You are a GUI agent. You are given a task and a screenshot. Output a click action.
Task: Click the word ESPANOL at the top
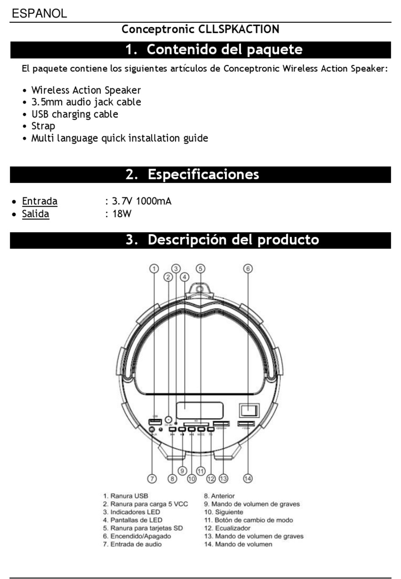[x=39, y=13]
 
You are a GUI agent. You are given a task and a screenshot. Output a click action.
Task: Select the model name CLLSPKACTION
[x=238, y=30]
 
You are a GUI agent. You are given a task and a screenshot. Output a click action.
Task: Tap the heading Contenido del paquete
[x=224, y=50]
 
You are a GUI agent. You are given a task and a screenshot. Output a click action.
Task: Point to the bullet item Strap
[x=43, y=126]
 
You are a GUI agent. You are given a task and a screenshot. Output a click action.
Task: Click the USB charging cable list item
[x=74, y=114]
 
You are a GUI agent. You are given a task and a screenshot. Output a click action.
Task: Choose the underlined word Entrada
[x=40, y=201]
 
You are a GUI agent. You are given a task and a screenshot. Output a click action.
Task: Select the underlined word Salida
[x=35, y=214]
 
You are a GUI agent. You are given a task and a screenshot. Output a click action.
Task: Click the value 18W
[x=122, y=214]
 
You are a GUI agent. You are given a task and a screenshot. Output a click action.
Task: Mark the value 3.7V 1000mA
[x=142, y=201]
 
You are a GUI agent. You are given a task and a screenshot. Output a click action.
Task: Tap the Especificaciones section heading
[x=203, y=175]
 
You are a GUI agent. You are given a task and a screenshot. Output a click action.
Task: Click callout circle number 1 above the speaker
[x=154, y=269]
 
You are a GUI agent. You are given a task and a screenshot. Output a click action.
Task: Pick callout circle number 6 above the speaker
[x=248, y=269]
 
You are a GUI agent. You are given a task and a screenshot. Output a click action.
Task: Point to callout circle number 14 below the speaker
[x=248, y=478]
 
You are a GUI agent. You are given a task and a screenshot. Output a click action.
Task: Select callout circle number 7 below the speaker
[x=152, y=478]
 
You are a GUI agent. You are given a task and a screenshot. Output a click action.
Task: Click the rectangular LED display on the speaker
[x=200, y=410]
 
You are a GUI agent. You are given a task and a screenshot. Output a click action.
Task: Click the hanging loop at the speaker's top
[x=200, y=289]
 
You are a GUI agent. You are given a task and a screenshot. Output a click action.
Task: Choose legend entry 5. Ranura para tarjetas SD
[x=143, y=528]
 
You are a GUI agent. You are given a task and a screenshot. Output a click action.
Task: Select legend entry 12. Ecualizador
[x=228, y=528]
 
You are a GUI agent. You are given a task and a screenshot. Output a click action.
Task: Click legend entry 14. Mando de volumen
[x=238, y=544]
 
